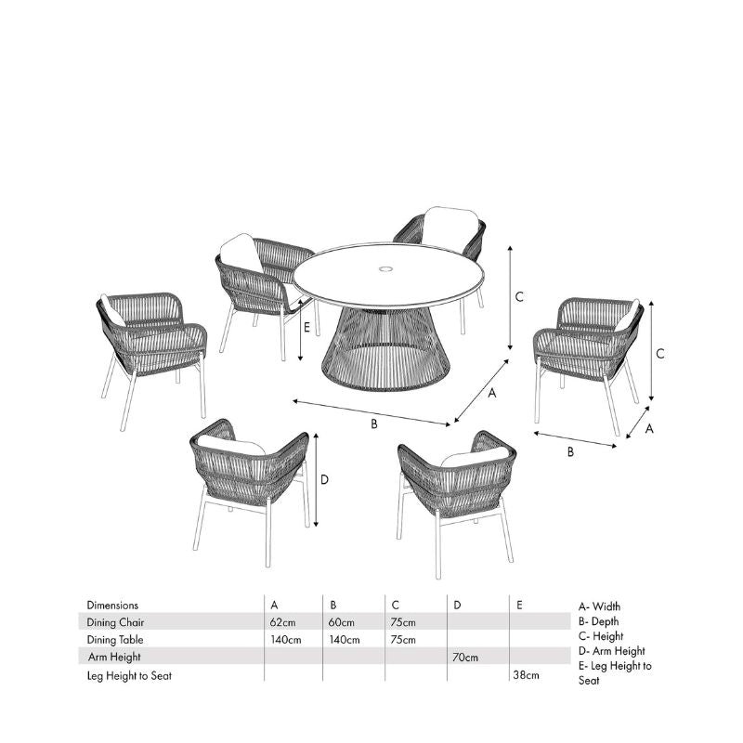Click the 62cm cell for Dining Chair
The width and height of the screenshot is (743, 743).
point(282,622)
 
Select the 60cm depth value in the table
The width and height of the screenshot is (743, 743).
point(341,622)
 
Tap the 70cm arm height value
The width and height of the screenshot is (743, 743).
point(465,658)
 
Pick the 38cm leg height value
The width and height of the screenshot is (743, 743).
point(526,675)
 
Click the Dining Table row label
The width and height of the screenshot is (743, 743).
point(115,640)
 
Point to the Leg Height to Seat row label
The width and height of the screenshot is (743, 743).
point(129,676)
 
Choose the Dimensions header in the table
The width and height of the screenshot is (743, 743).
point(112,606)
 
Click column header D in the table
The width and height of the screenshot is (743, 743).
point(457,606)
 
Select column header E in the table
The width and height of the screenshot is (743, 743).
point(519,606)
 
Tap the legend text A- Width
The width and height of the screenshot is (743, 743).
point(599,606)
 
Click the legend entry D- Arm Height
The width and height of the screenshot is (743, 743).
point(612,651)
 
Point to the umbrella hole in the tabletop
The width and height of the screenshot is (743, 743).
point(386,269)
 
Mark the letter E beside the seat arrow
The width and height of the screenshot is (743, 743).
point(306,327)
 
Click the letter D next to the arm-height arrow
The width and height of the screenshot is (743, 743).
point(324,479)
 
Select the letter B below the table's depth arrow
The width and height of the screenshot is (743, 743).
point(374,424)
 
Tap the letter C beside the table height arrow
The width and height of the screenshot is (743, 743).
point(519,297)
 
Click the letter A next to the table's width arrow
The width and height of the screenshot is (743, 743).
point(492,393)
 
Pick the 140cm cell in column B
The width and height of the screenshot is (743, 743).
point(345,640)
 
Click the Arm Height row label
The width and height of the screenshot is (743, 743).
point(114,658)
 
